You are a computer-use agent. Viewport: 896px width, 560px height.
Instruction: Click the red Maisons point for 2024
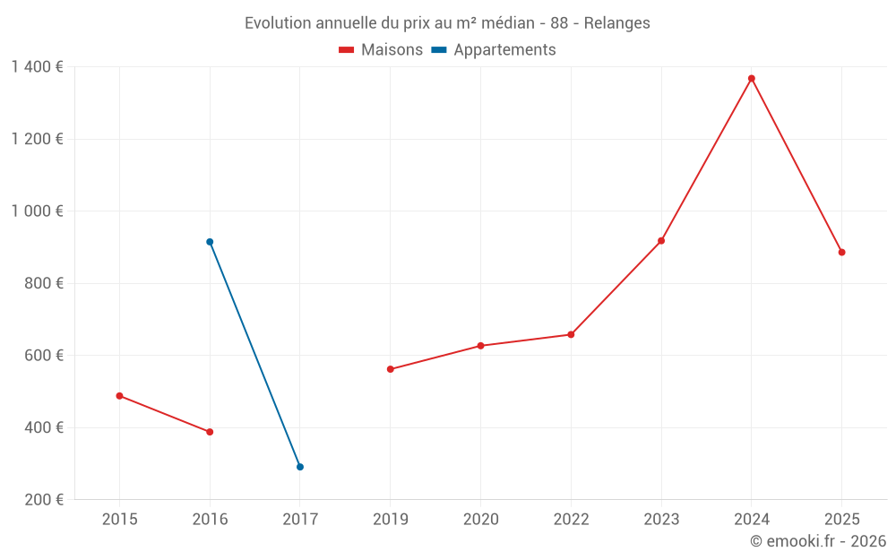pyautogui.click(x=752, y=79)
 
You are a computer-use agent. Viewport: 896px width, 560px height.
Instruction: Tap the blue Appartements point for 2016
pyautogui.click(x=210, y=242)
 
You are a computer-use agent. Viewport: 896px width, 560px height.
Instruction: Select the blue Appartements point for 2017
pyautogui.click(x=300, y=467)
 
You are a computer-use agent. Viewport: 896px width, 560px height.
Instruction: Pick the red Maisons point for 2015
pyautogui.click(x=119, y=396)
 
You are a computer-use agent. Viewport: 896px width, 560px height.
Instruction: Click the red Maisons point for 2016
pyautogui.click(x=210, y=432)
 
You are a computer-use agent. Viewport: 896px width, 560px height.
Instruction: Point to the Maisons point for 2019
pyautogui.click(x=391, y=369)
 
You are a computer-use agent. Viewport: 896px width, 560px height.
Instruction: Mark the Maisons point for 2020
pyautogui.click(x=480, y=346)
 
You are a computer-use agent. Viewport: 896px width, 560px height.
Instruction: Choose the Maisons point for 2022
pyautogui.click(x=571, y=335)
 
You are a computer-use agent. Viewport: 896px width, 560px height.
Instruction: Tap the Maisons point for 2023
pyautogui.click(x=661, y=241)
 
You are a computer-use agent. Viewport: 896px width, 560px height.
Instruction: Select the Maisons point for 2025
pyautogui.click(x=842, y=253)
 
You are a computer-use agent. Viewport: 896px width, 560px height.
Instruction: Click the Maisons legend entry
pyautogui.click(x=381, y=50)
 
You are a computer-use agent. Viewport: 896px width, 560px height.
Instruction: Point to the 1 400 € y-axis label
pyautogui.click(x=38, y=67)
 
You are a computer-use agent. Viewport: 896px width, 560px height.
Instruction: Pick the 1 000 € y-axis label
pyautogui.click(x=38, y=211)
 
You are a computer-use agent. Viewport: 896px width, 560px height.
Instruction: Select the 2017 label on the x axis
pyautogui.click(x=300, y=520)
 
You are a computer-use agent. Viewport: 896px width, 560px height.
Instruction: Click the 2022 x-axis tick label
pyautogui.click(x=571, y=520)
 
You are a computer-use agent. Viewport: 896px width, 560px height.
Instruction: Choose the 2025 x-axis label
pyautogui.click(x=842, y=520)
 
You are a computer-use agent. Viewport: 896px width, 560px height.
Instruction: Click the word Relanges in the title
pyautogui.click(x=617, y=23)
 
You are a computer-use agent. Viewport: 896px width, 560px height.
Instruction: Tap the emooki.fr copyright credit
pyautogui.click(x=818, y=541)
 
